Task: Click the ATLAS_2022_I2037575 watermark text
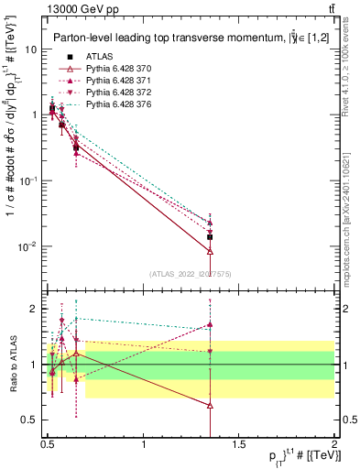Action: (x=191, y=274)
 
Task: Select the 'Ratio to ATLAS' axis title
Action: (x=13, y=365)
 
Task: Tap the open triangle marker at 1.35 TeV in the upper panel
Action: (x=211, y=250)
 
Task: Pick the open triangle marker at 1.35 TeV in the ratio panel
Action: (x=211, y=404)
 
